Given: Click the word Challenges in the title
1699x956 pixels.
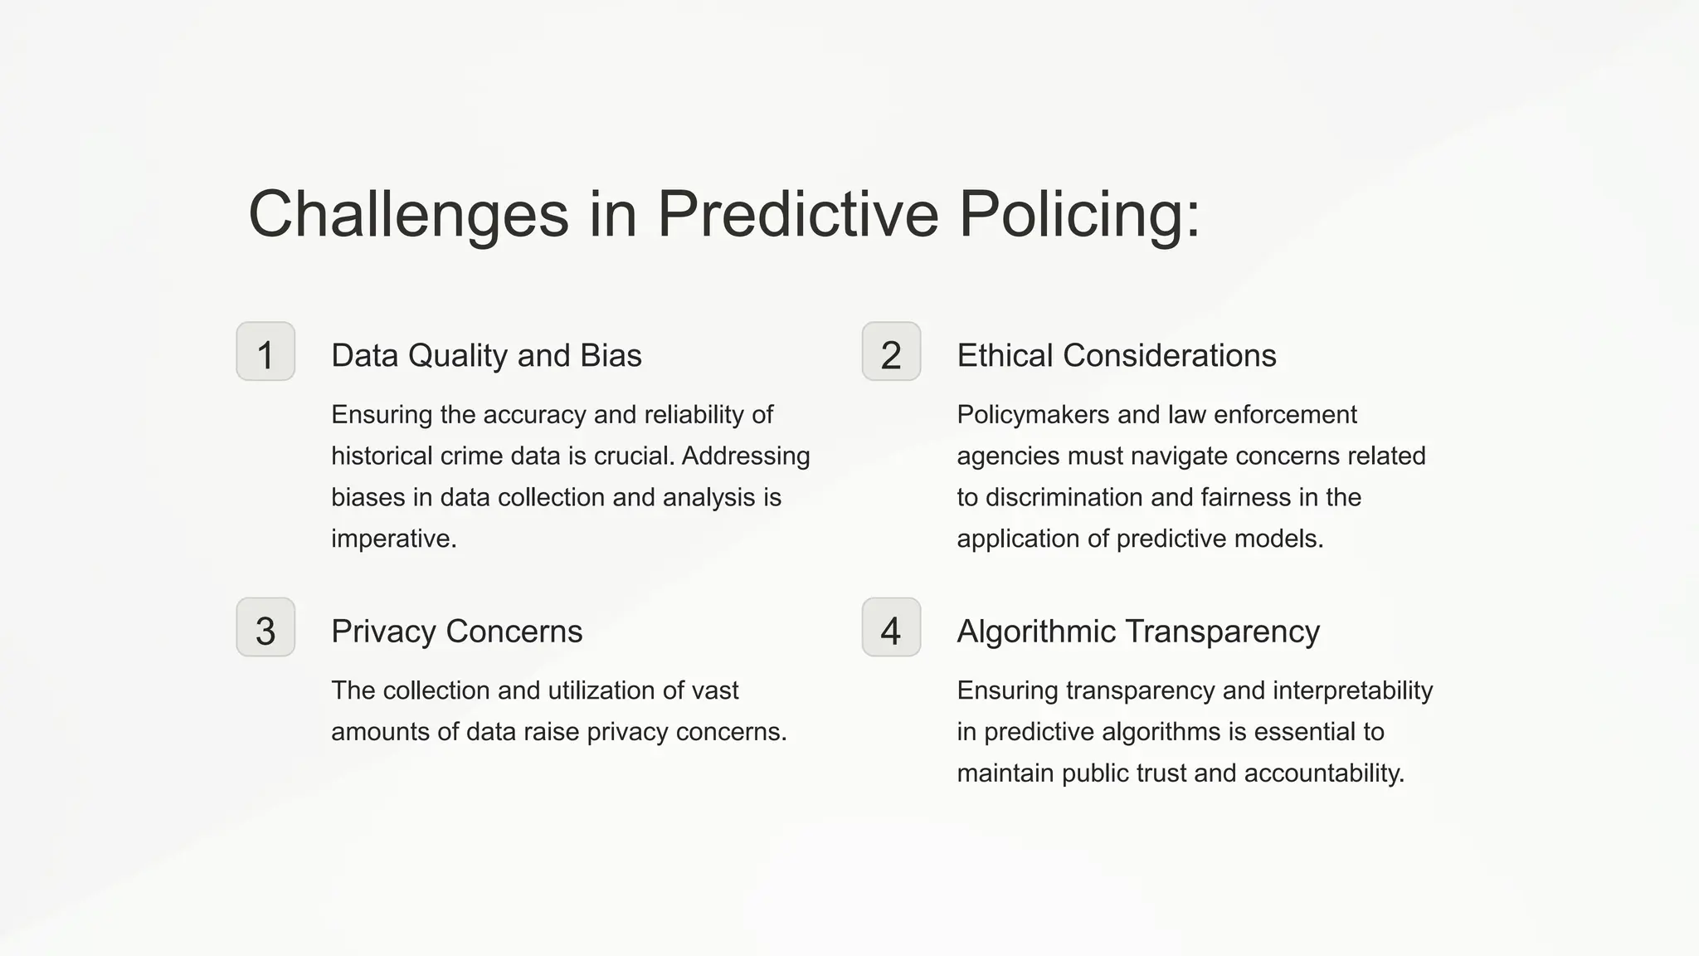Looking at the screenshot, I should pyautogui.click(x=408, y=214).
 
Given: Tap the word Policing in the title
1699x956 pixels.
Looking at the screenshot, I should pyautogui.click(x=1078, y=214).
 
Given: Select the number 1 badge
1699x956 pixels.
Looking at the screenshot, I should pyautogui.click(x=265, y=352).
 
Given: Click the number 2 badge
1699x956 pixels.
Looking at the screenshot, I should pyautogui.click(x=891, y=352).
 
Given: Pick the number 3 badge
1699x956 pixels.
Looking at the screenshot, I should pyautogui.click(x=265, y=627).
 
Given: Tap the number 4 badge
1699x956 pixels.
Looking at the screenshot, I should pyautogui.click(x=891, y=627).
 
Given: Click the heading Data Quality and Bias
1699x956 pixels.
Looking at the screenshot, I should pyautogui.click(x=486, y=355).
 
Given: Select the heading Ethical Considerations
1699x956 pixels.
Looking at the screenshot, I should pyautogui.click(x=1116, y=355).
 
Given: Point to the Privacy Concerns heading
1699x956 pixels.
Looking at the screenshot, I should pyautogui.click(x=456, y=632).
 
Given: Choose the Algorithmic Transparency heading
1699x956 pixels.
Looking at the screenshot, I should pyautogui.click(x=1137, y=632).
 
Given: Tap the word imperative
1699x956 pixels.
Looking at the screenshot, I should pyautogui.click(x=393, y=539).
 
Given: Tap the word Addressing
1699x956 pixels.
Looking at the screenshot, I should pyautogui.click(x=746, y=456).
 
